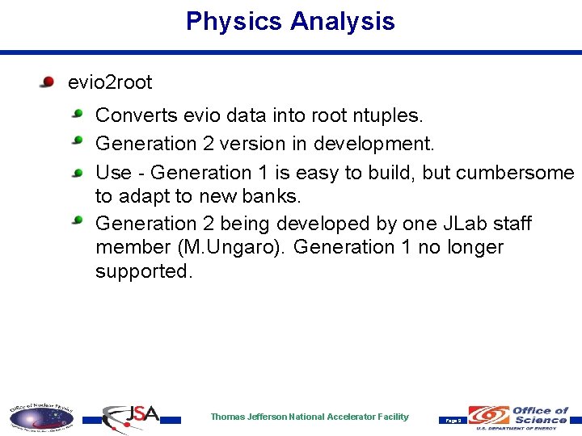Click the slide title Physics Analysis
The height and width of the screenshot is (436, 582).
point(290,21)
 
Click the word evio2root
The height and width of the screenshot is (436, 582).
point(110,82)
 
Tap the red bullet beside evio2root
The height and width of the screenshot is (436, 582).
point(48,82)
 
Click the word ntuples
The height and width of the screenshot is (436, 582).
point(388,116)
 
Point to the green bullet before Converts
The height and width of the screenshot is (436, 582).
point(78,115)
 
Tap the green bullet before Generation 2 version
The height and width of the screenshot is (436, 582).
point(78,142)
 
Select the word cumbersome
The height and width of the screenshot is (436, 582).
point(515,173)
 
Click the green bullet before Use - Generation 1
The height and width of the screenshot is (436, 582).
point(78,171)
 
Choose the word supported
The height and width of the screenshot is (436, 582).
point(143,271)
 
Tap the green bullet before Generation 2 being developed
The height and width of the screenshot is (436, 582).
point(78,220)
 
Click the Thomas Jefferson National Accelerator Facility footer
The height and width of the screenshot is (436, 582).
point(310,417)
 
